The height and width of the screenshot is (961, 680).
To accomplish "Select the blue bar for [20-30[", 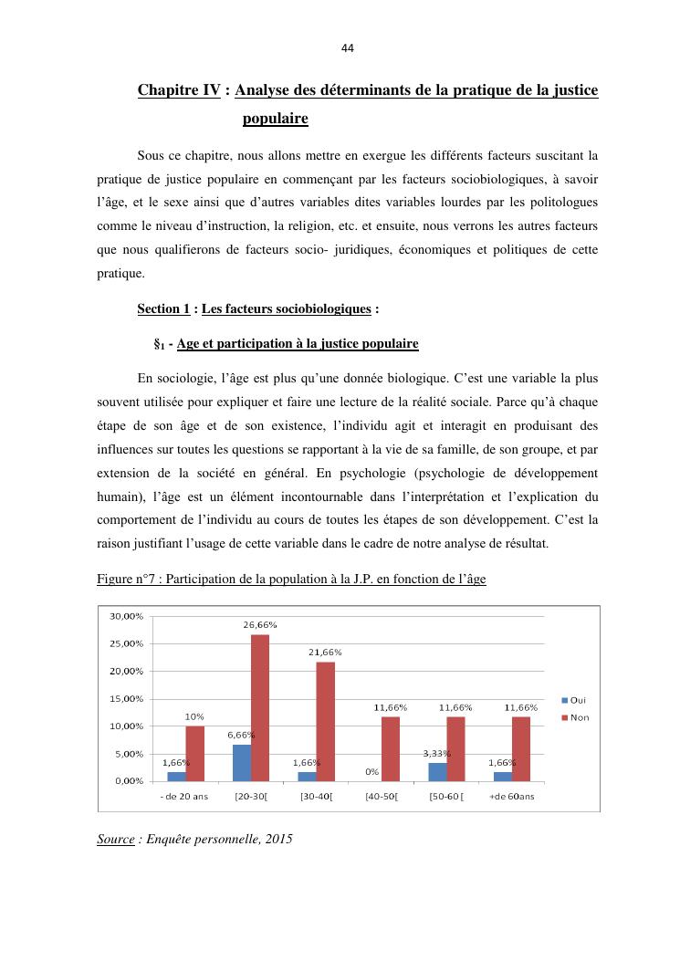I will pyautogui.click(x=241, y=763).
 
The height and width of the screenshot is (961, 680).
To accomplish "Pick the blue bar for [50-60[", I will pyautogui.click(x=437, y=772).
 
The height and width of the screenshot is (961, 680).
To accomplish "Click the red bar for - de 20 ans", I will pyautogui.click(x=195, y=753).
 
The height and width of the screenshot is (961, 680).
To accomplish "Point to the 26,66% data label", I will pyautogui.click(x=260, y=625).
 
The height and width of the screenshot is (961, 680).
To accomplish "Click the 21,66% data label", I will pyautogui.click(x=325, y=653).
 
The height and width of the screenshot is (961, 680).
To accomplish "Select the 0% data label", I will pyautogui.click(x=372, y=772).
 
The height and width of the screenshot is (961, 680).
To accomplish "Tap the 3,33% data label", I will pyautogui.click(x=438, y=753).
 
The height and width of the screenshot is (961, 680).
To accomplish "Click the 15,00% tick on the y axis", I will pyautogui.click(x=126, y=699).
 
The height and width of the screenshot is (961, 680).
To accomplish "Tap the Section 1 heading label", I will pyautogui.click(x=163, y=309).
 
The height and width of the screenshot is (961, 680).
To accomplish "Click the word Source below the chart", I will pyautogui.click(x=115, y=838).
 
